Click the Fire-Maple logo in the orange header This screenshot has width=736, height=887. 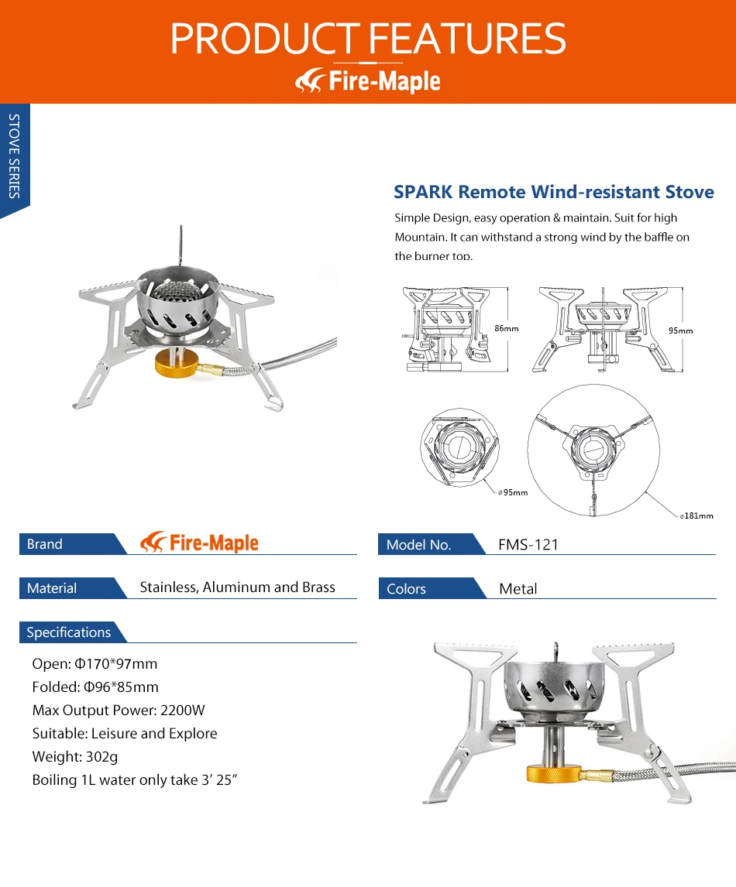(x=368, y=80)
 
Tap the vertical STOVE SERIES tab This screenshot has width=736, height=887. (x=14, y=156)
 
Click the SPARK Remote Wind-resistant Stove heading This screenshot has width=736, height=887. (x=553, y=192)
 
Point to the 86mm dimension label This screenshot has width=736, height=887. (x=506, y=328)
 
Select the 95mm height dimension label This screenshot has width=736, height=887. (x=680, y=330)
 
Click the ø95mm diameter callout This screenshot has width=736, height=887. (x=513, y=492)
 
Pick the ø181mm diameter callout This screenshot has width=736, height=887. (x=696, y=515)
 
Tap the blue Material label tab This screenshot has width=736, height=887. (x=52, y=588)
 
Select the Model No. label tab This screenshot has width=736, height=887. (x=418, y=545)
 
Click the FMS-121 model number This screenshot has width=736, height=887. (x=528, y=545)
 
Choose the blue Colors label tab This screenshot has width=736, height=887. (x=407, y=589)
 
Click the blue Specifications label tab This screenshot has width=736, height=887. (x=68, y=632)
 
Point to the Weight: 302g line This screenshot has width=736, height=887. (x=75, y=757)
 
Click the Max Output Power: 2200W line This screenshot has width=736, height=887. (x=119, y=711)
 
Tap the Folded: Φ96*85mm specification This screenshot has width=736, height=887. (x=95, y=687)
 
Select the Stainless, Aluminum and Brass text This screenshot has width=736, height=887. (x=237, y=587)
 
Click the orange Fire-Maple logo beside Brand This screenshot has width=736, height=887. (x=200, y=543)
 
